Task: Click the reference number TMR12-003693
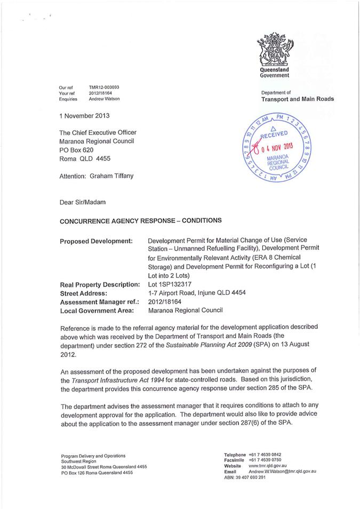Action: pyautogui.click(x=104, y=86)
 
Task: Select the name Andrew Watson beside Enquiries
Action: pyautogui.click(x=105, y=99)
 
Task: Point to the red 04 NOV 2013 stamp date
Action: pyautogui.click(x=279, y=147)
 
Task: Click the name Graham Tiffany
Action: pyautogui.click(x=124, y=176)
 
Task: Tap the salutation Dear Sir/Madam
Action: pyautogui.click(x=83, y=203)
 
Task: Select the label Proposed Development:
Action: pyautogui.click(x=96, y=241)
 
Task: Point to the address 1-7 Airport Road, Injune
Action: pyautogui.click(x=196, y=293)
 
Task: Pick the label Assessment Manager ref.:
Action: pyautogui.click(x=100, y=301)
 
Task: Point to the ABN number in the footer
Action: pyautogui.click(x=245, y=478)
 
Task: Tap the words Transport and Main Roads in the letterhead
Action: pyautogui.click(x=298, y=99)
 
